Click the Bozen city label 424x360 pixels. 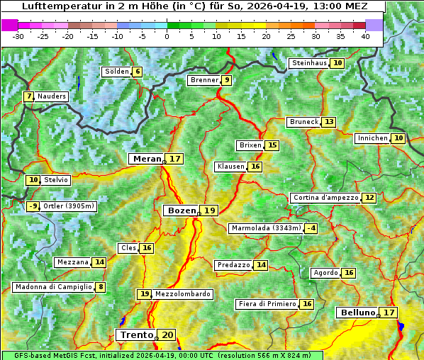(x=181, y=210)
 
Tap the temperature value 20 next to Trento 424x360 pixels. (x=167, y=335)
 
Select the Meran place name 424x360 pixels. (x=147, y=159)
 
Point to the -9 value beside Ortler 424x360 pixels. (x=33, y=206)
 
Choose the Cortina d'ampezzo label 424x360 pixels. (x=325, y=198)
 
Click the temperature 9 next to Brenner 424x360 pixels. (x=226, y=80)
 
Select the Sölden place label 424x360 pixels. (x=116, y=72)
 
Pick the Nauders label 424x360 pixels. (x=51, y=96)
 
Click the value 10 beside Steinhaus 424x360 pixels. (x=338, y=63)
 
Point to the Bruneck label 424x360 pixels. (x=303, y=122)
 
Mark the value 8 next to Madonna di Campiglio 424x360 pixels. (x=101, y=287)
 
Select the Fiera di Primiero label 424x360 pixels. (x=267, y=304)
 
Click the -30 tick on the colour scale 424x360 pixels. (x=18, y=35)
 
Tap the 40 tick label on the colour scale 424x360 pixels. (x=365, y=35)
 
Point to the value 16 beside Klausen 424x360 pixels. (x=255, y=167)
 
